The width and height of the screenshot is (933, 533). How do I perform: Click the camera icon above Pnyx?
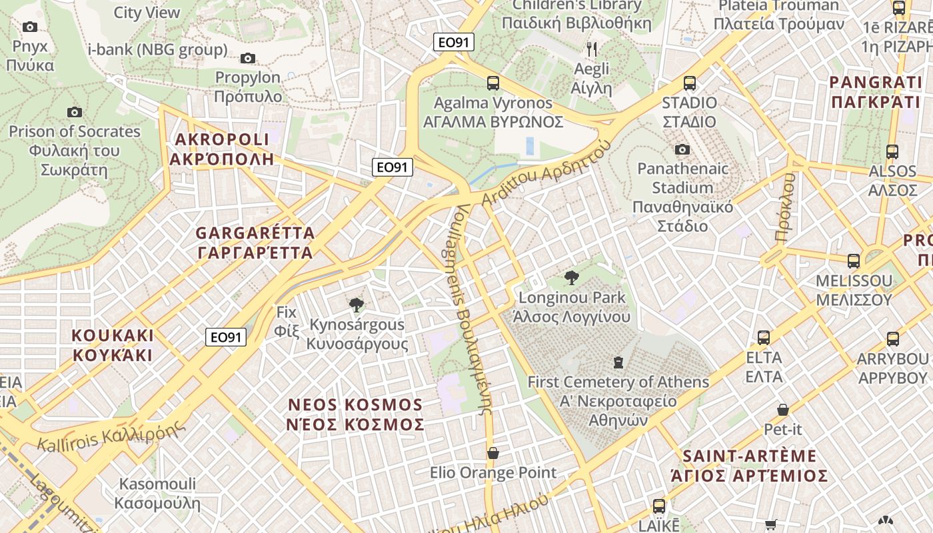[x=30, y=27]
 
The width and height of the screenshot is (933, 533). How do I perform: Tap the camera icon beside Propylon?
[x=248, y=59]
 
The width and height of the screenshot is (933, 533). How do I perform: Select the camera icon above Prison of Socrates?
[x=75, y=113]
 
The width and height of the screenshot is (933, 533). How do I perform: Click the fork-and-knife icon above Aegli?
[x=591, y=49]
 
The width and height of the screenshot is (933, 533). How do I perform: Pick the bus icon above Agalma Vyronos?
[x=493, y=83]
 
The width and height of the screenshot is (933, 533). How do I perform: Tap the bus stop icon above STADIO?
[x=690, y=83]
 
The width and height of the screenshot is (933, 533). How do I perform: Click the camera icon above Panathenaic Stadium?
[x=682, y=149]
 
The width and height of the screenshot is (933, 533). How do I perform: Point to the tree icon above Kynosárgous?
[x=357, y=305]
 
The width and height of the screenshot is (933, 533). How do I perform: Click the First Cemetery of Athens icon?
[x=618, y=363]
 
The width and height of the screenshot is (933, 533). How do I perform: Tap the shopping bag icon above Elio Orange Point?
[x=493, y=454]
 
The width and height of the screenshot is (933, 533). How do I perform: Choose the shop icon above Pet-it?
[x=783, y=410]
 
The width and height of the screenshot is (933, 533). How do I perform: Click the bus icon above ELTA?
[x=764, y=338]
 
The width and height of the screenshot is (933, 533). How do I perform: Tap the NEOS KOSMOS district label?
[x=355, y=414]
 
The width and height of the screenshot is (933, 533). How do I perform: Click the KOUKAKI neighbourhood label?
[x=113, y=344]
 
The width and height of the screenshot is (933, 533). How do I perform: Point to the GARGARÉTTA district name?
[x=255, y=243]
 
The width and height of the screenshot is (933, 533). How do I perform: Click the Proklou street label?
[x=786, y=207]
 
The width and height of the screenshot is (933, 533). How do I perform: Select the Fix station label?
[x=287, y=320]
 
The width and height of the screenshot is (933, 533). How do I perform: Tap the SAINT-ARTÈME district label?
[x=750, y=466]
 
